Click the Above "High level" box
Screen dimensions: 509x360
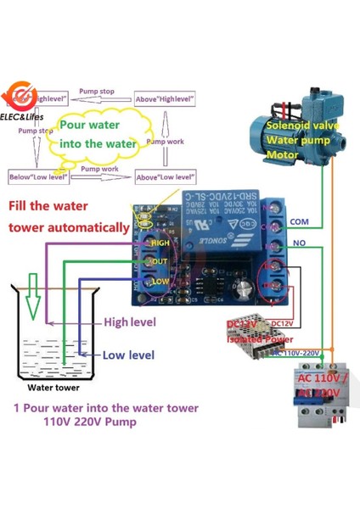164,99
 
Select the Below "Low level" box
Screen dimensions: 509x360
37,176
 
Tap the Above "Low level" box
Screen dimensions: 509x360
165,177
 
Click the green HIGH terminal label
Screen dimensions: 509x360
160,243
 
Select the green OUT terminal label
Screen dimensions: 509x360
160,261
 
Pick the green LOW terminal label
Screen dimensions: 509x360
160,280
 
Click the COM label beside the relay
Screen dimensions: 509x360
300,221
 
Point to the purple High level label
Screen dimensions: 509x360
130,322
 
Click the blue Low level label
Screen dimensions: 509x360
129,355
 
